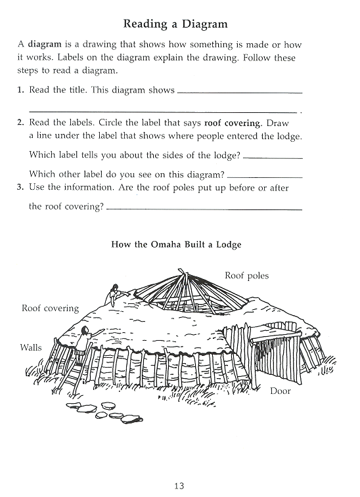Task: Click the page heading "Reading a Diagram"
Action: coord(175,24)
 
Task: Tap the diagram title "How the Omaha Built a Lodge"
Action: coord(176,245)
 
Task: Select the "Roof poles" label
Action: coord(247,276)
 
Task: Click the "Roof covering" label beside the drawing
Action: coord(50,309)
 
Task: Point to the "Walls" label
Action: coord(31,348)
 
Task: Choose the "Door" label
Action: coord(281,391)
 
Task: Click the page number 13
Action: coord(179,486)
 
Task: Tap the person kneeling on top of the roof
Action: coord(115,295)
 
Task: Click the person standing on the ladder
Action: coord(85,344)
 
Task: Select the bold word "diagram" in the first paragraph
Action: coord(45,44)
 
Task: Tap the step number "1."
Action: coord(20,90)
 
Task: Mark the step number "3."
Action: coord(20,187)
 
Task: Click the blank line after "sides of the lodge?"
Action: coord(273,158)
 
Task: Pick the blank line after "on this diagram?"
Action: coord(265,177)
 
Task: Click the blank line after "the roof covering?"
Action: coord(204,209)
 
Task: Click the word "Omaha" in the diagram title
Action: coord(166,245)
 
